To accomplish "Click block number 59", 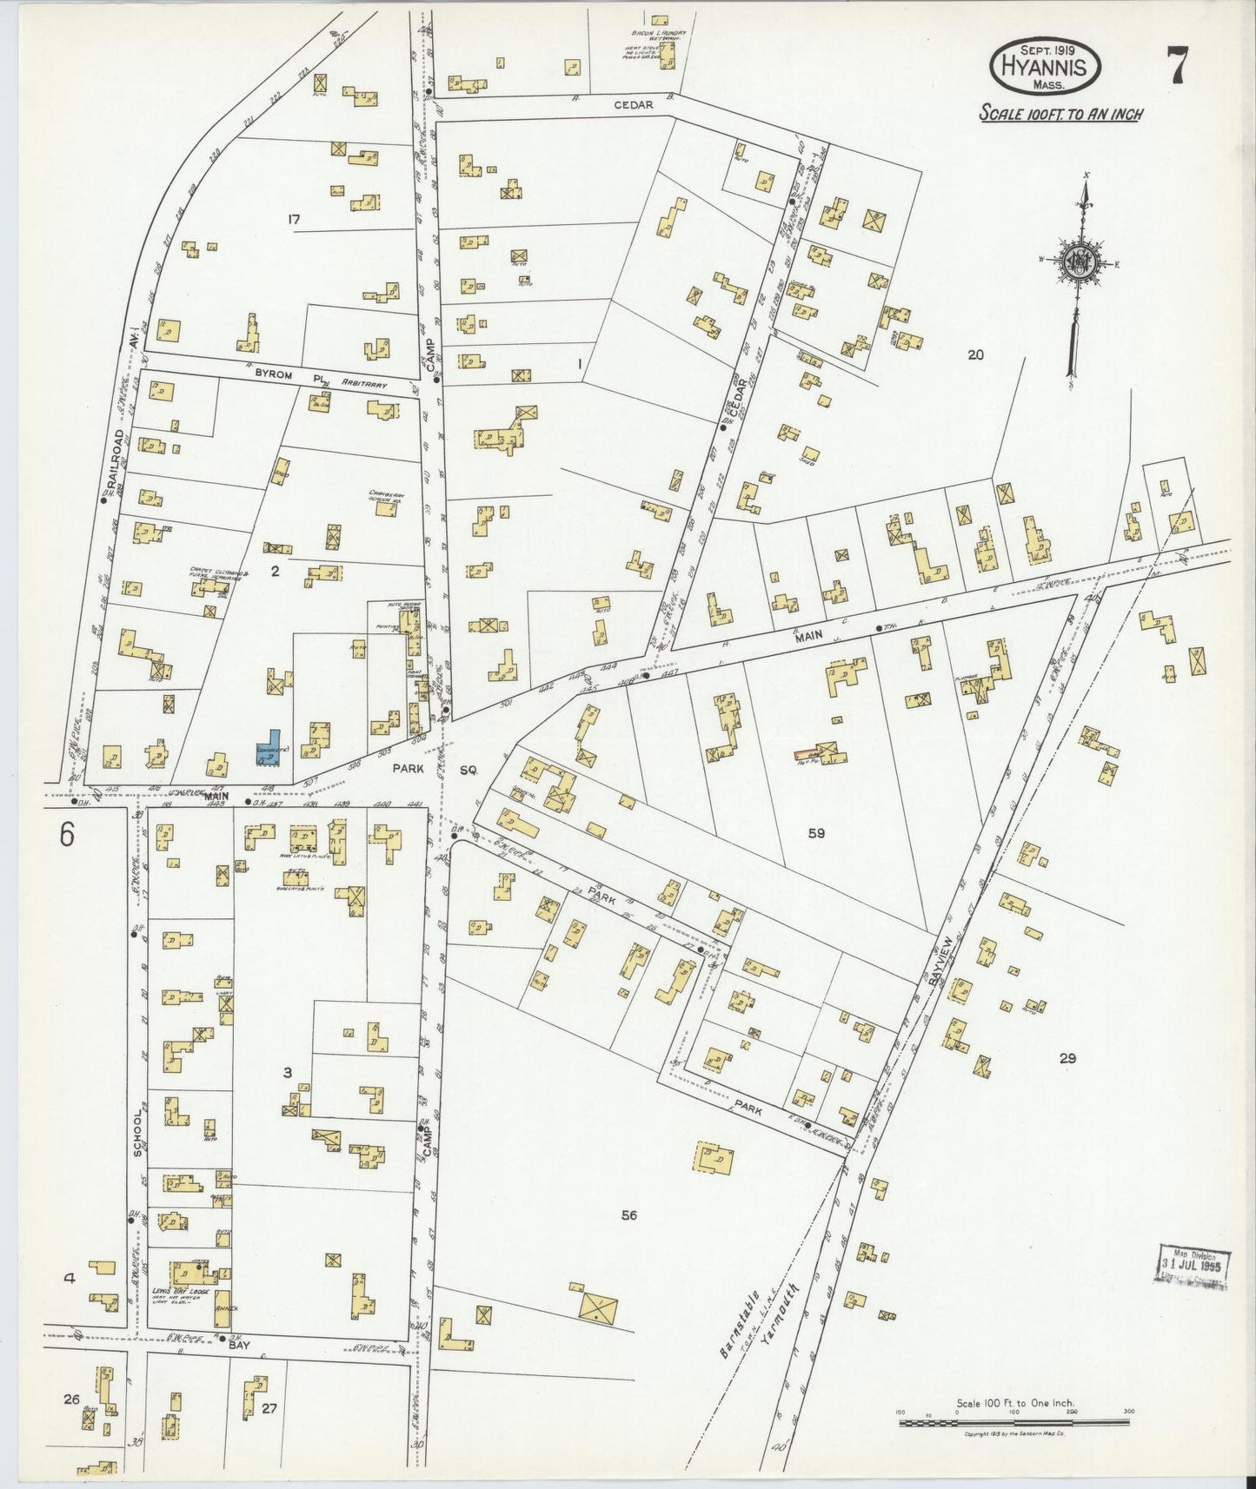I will pyautogui.click(x=815, y=834).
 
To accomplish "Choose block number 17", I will pyautogui.click(x=293, y=221).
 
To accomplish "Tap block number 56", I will pyautogui.click(x=628, y=1214).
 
